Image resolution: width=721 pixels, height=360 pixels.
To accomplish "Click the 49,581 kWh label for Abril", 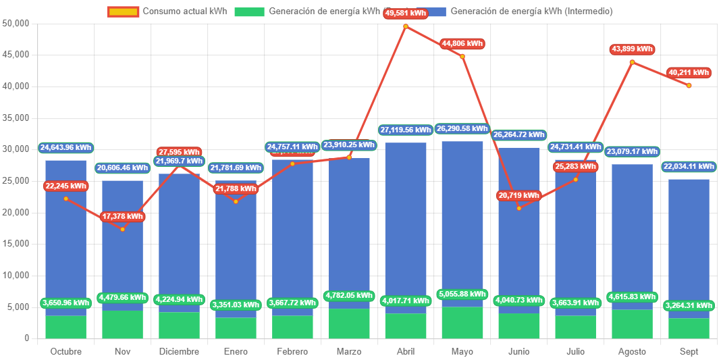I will (x=406, y=13).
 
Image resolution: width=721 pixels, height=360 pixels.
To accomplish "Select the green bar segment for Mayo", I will (x=462, y=323).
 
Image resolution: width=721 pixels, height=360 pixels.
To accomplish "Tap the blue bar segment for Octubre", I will (x=66, y=236).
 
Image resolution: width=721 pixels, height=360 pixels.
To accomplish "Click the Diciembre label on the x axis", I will (x=179, y=352).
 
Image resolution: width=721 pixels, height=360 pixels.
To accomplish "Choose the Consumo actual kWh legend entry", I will (x=167, y=11).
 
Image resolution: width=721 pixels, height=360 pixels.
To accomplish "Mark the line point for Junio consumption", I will (x=519, y=208).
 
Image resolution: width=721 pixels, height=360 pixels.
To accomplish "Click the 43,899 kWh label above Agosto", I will (x=632, y=49).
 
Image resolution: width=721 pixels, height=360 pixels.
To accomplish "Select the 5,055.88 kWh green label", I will (x=462, y=294).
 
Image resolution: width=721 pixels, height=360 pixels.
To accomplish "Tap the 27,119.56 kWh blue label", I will (x=406, y=130).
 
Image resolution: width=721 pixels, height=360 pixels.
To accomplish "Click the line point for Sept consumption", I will (x=689, y=86).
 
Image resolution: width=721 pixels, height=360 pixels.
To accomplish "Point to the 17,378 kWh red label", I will (x=122, y=217).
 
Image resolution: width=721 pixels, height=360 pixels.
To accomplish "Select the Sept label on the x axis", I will (x=689, y=352).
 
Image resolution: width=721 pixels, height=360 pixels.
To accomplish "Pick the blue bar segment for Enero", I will (x=236, y=257).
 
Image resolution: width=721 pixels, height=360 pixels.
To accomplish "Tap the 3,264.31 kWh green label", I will (x=689, y=305).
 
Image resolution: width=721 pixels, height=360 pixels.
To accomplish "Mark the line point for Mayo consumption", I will (x=462, y=57).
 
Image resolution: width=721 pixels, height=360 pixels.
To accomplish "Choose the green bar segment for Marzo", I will (x=349, y=324).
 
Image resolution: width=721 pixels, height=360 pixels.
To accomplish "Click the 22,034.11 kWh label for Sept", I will (x=689, y=166).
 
